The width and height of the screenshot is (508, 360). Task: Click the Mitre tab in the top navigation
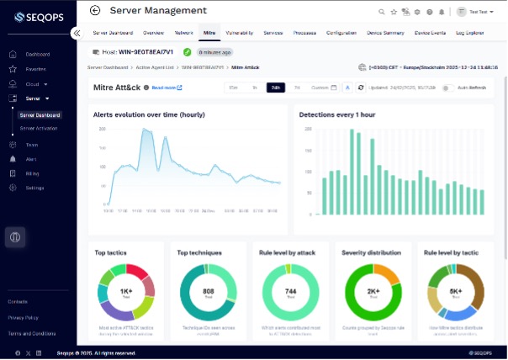[209, 32]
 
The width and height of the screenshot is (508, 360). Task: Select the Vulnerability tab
[240, 32]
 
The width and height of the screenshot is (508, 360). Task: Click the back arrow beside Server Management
[94, 11]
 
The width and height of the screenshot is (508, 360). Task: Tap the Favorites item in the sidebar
[35, 69]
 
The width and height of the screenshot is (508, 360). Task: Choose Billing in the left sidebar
[33, 173]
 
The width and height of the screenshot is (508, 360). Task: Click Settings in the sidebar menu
[34, 188]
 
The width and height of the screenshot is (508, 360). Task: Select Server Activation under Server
[39, 128]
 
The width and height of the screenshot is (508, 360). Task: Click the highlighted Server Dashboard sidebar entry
[40, 114]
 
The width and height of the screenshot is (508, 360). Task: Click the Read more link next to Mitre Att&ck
[167, 87]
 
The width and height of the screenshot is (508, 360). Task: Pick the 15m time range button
[233, 87]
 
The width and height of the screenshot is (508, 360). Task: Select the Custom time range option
[320, 87]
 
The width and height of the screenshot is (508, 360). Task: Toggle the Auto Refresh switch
[447, 87]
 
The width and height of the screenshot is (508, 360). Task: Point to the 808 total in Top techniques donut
[208, 292]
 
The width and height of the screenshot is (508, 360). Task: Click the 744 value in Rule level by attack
[291, 292]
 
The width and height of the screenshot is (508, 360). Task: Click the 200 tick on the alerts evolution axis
[102, 130]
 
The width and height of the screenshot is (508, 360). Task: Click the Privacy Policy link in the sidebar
[23, 317]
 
